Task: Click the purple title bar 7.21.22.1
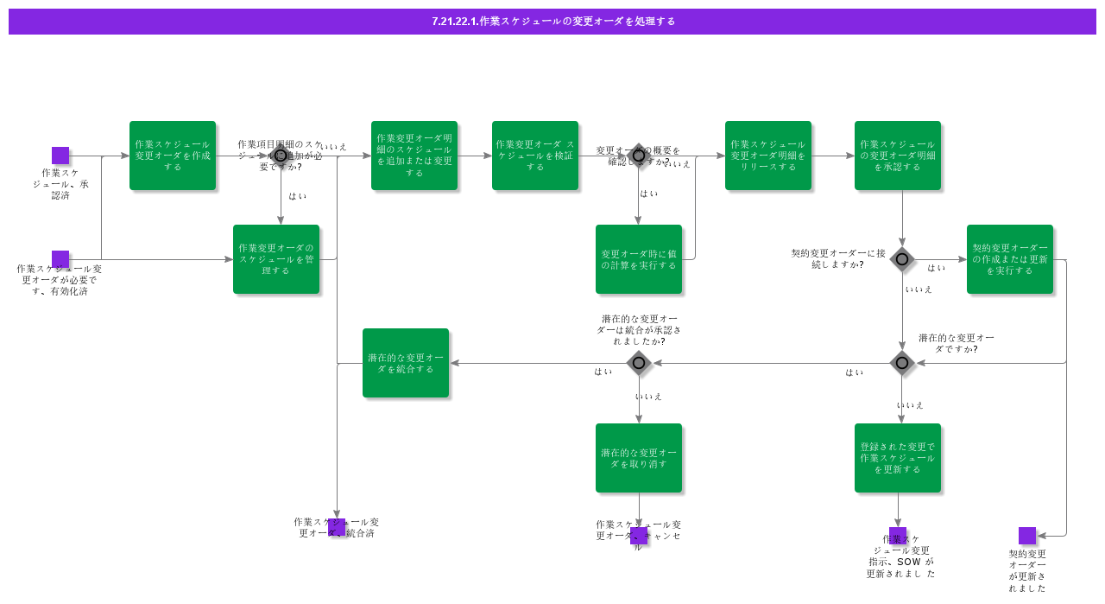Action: [x=552, y=22]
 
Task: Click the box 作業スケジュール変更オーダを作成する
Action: [x=173, y=156]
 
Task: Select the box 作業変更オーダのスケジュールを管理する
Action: [x=276, y=259]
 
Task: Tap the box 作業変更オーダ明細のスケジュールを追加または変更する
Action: [x=414, y=156]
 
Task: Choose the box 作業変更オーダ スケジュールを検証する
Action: [x=535, y=156]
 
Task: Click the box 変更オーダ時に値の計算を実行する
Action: [x=639, y=259]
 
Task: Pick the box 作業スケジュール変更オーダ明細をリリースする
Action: [x=768, y=156]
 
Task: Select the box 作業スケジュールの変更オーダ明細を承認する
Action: [x=898, y=156]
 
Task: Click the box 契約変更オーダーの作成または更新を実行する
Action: [x=1010, y=259]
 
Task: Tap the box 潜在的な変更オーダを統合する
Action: [x=406, y=363]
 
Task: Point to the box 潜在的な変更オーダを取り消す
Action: [x=639, y=458]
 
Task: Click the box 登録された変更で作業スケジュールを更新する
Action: [x=898, y=458]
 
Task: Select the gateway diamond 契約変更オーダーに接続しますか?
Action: [x=902, y=259]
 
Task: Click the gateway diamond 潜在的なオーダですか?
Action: [x=902, y=363]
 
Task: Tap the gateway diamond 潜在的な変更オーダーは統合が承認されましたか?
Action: [x=639, y=363]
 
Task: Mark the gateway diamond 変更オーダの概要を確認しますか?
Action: [x=639, y=156]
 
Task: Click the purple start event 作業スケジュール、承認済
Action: [x=60, y=156]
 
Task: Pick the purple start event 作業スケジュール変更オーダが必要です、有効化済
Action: [x=60, y=259]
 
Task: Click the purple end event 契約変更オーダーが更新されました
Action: [x=1027, y=536]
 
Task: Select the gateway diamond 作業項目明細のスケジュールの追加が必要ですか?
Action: [x=281, y=156]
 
